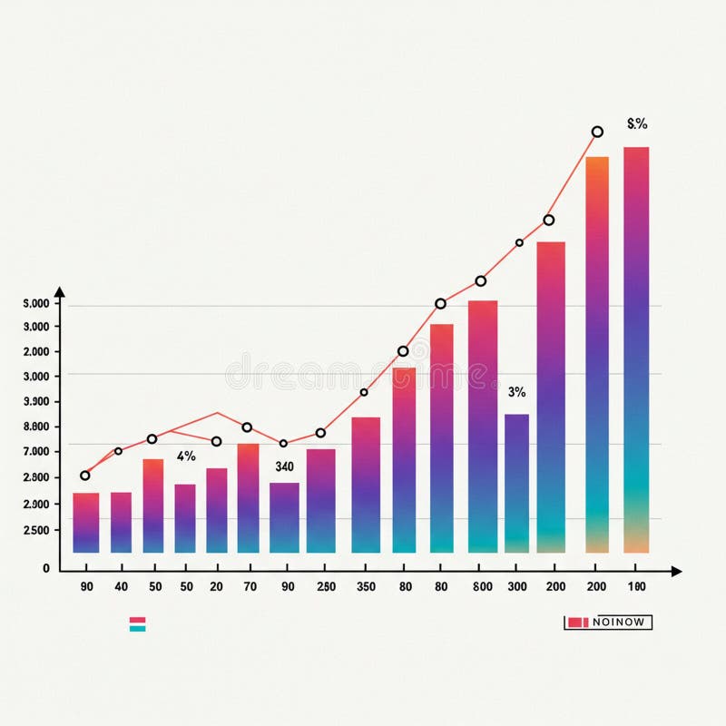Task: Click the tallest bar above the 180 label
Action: tap(636, 349)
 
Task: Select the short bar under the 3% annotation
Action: tap(516, 483)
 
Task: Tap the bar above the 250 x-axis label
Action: tap(320, 500)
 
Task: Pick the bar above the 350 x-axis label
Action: tap(366, 485)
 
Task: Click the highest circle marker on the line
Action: tap(597, 132)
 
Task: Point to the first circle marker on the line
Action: tap(85, 476)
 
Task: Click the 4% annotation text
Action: tap(186, 456)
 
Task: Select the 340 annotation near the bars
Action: tap(284, 466)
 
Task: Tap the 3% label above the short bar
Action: tap(516, 392)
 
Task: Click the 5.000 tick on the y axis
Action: tap(36, 303)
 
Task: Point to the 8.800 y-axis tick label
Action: tap(36, 427)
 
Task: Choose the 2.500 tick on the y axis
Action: tap(36, 531)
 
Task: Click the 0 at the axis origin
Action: tap(46, 569)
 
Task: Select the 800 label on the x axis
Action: tap(483, 587)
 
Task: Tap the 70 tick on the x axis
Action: tap(250, 587)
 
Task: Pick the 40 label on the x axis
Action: tap(121, 587)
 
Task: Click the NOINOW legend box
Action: tap(608, 623)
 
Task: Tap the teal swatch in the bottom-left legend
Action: tap(138, 628)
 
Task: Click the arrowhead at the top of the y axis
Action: tap(60, 292)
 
